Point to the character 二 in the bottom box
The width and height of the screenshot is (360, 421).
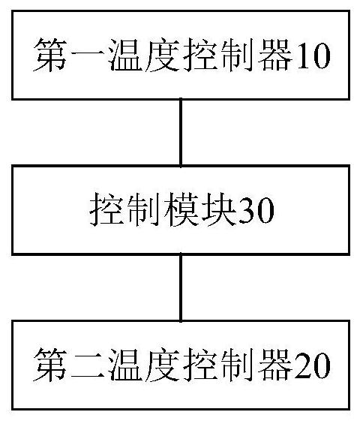[87, 365]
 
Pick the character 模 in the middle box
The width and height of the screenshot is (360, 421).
[181, 210]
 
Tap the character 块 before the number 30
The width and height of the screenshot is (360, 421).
[219, 210]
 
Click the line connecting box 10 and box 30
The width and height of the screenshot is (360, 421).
[181, 132]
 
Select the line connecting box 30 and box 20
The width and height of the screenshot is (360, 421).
[181, 287]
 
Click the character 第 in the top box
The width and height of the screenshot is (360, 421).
[50, 56]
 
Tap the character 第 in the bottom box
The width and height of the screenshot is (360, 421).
[50, 365]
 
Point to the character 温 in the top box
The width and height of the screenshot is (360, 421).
[124, 56]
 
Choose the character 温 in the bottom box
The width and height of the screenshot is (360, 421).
[124, 365]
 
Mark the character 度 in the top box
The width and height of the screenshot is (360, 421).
[162, 56]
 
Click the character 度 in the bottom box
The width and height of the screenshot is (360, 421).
[162, 365]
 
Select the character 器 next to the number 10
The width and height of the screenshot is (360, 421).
[275, 56]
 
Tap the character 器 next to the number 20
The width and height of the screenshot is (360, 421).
[275, 365]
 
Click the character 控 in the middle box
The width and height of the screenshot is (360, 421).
[106, 210]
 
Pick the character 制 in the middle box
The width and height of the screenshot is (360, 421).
[143, 210]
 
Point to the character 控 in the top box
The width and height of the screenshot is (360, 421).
[199, 56]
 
